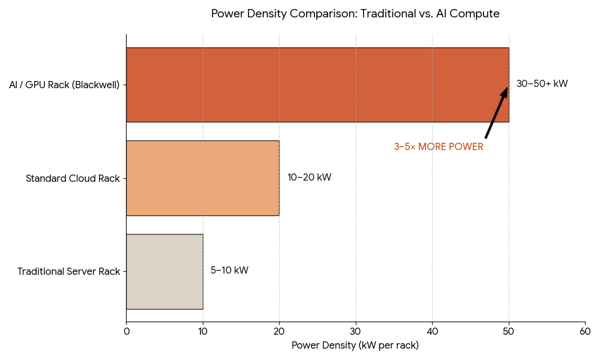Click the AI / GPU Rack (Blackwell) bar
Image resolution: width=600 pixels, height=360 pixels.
317,85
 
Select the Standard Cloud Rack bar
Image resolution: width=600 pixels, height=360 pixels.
203,178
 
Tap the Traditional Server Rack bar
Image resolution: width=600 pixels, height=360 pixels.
164,271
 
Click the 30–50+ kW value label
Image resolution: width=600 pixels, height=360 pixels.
542,84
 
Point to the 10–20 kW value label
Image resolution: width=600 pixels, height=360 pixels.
309,178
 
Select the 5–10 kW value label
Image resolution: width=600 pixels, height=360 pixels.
229,271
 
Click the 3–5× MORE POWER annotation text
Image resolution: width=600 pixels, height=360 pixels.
439,147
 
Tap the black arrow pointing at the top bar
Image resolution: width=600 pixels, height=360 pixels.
496,113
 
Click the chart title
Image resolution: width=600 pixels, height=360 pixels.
355,14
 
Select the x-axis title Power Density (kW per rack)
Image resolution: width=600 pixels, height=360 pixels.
355,346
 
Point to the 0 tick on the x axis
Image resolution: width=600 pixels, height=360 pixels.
126,331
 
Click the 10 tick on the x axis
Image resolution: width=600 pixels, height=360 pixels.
203,331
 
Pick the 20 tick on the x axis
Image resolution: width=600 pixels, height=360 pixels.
279,331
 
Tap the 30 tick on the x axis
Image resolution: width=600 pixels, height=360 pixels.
356,331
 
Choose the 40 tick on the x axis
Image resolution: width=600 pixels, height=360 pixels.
432,331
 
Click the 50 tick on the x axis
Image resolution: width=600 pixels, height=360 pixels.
509,331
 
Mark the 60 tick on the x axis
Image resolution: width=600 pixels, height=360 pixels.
585,331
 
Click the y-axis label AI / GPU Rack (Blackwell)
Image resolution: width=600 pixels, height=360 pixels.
64,85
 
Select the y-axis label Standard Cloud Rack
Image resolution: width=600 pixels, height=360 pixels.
73,178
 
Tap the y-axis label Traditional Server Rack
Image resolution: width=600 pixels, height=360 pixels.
68,272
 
